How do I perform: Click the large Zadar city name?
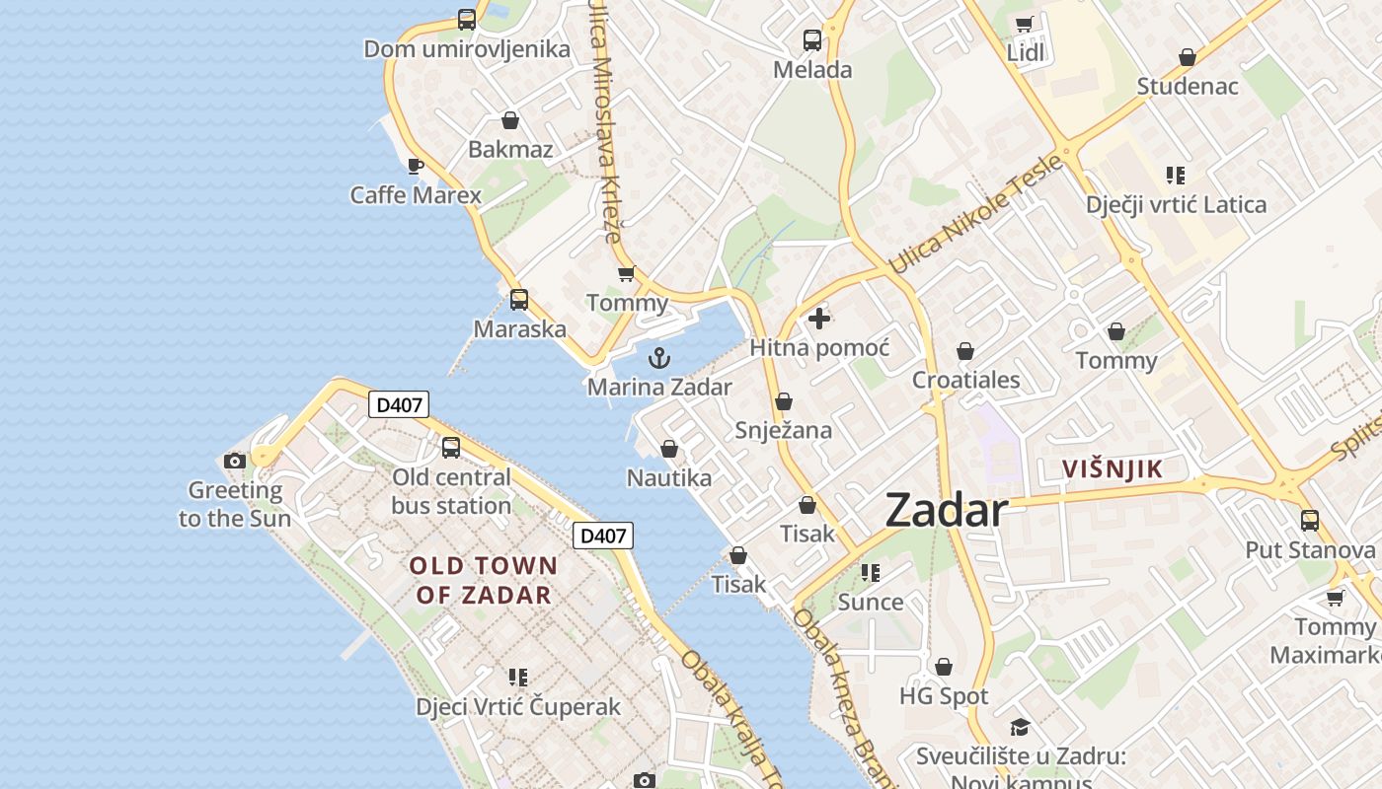tap(946, 510)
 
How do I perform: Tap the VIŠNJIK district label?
tap(1113, 469)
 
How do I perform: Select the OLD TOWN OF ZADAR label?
tap(484, 580)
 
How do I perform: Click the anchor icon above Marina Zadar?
tap(659, 358)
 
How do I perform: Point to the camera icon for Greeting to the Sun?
tap(235, 461)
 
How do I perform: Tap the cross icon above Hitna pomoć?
tap(819, 319)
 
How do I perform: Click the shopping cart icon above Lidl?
tap(1025, 24)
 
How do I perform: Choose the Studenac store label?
tap(1187, 86)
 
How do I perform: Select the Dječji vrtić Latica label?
tap(1176, 205)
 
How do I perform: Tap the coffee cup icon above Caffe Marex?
tap(416, 166)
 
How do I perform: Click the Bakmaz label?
tap(510, 150)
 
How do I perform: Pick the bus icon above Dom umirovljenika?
tap(467, 19)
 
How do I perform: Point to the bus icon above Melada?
tap(812, 40)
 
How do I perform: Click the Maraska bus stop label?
tap(519, 328)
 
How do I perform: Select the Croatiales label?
tap(965, 380)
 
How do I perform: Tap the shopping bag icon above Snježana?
tap(784, 401)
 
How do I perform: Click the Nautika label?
tap(669, 478)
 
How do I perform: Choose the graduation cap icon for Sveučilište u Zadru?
tap(1020, 727)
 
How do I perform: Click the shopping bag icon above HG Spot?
tap(944, 668)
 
